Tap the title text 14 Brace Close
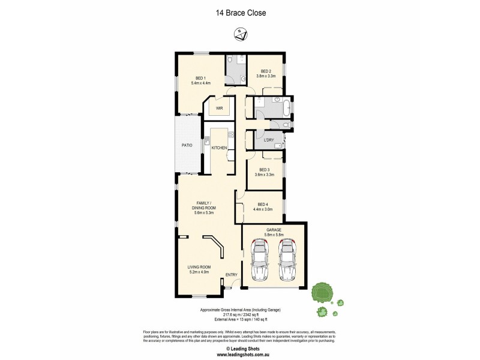pyautogui.click(x=240, y=12)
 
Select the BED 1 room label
pyautogui.click(x=200, y=77)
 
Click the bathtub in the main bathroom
pyautogui.click(x=286, y=109)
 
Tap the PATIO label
pyautogui.click(x=187, y=145)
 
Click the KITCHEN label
pyautogui.click(x=219, y=147)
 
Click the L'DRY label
pyautogui.click(x=269, y=140)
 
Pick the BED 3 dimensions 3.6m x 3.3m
pyautogui.click(x=265, y=175)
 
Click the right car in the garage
pyautogui.click(x=287, y=259)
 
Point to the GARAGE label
pyautogui.click(x=274, y=229)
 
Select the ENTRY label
pyautogui.click(x=231, y=275)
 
